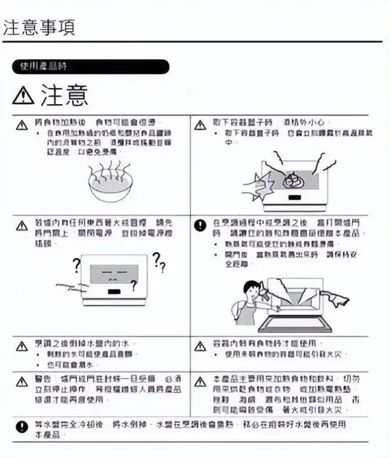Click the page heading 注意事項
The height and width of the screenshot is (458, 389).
point(39,26)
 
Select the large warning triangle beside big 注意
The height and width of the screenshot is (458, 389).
point(24,96)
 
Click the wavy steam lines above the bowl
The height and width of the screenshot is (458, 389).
point(106,164)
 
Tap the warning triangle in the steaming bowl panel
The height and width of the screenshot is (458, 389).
point(21,124)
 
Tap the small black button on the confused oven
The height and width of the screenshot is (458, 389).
point(114,293)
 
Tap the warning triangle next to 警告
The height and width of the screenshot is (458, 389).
point(21,381)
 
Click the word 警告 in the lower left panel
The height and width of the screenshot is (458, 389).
point(44,381)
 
